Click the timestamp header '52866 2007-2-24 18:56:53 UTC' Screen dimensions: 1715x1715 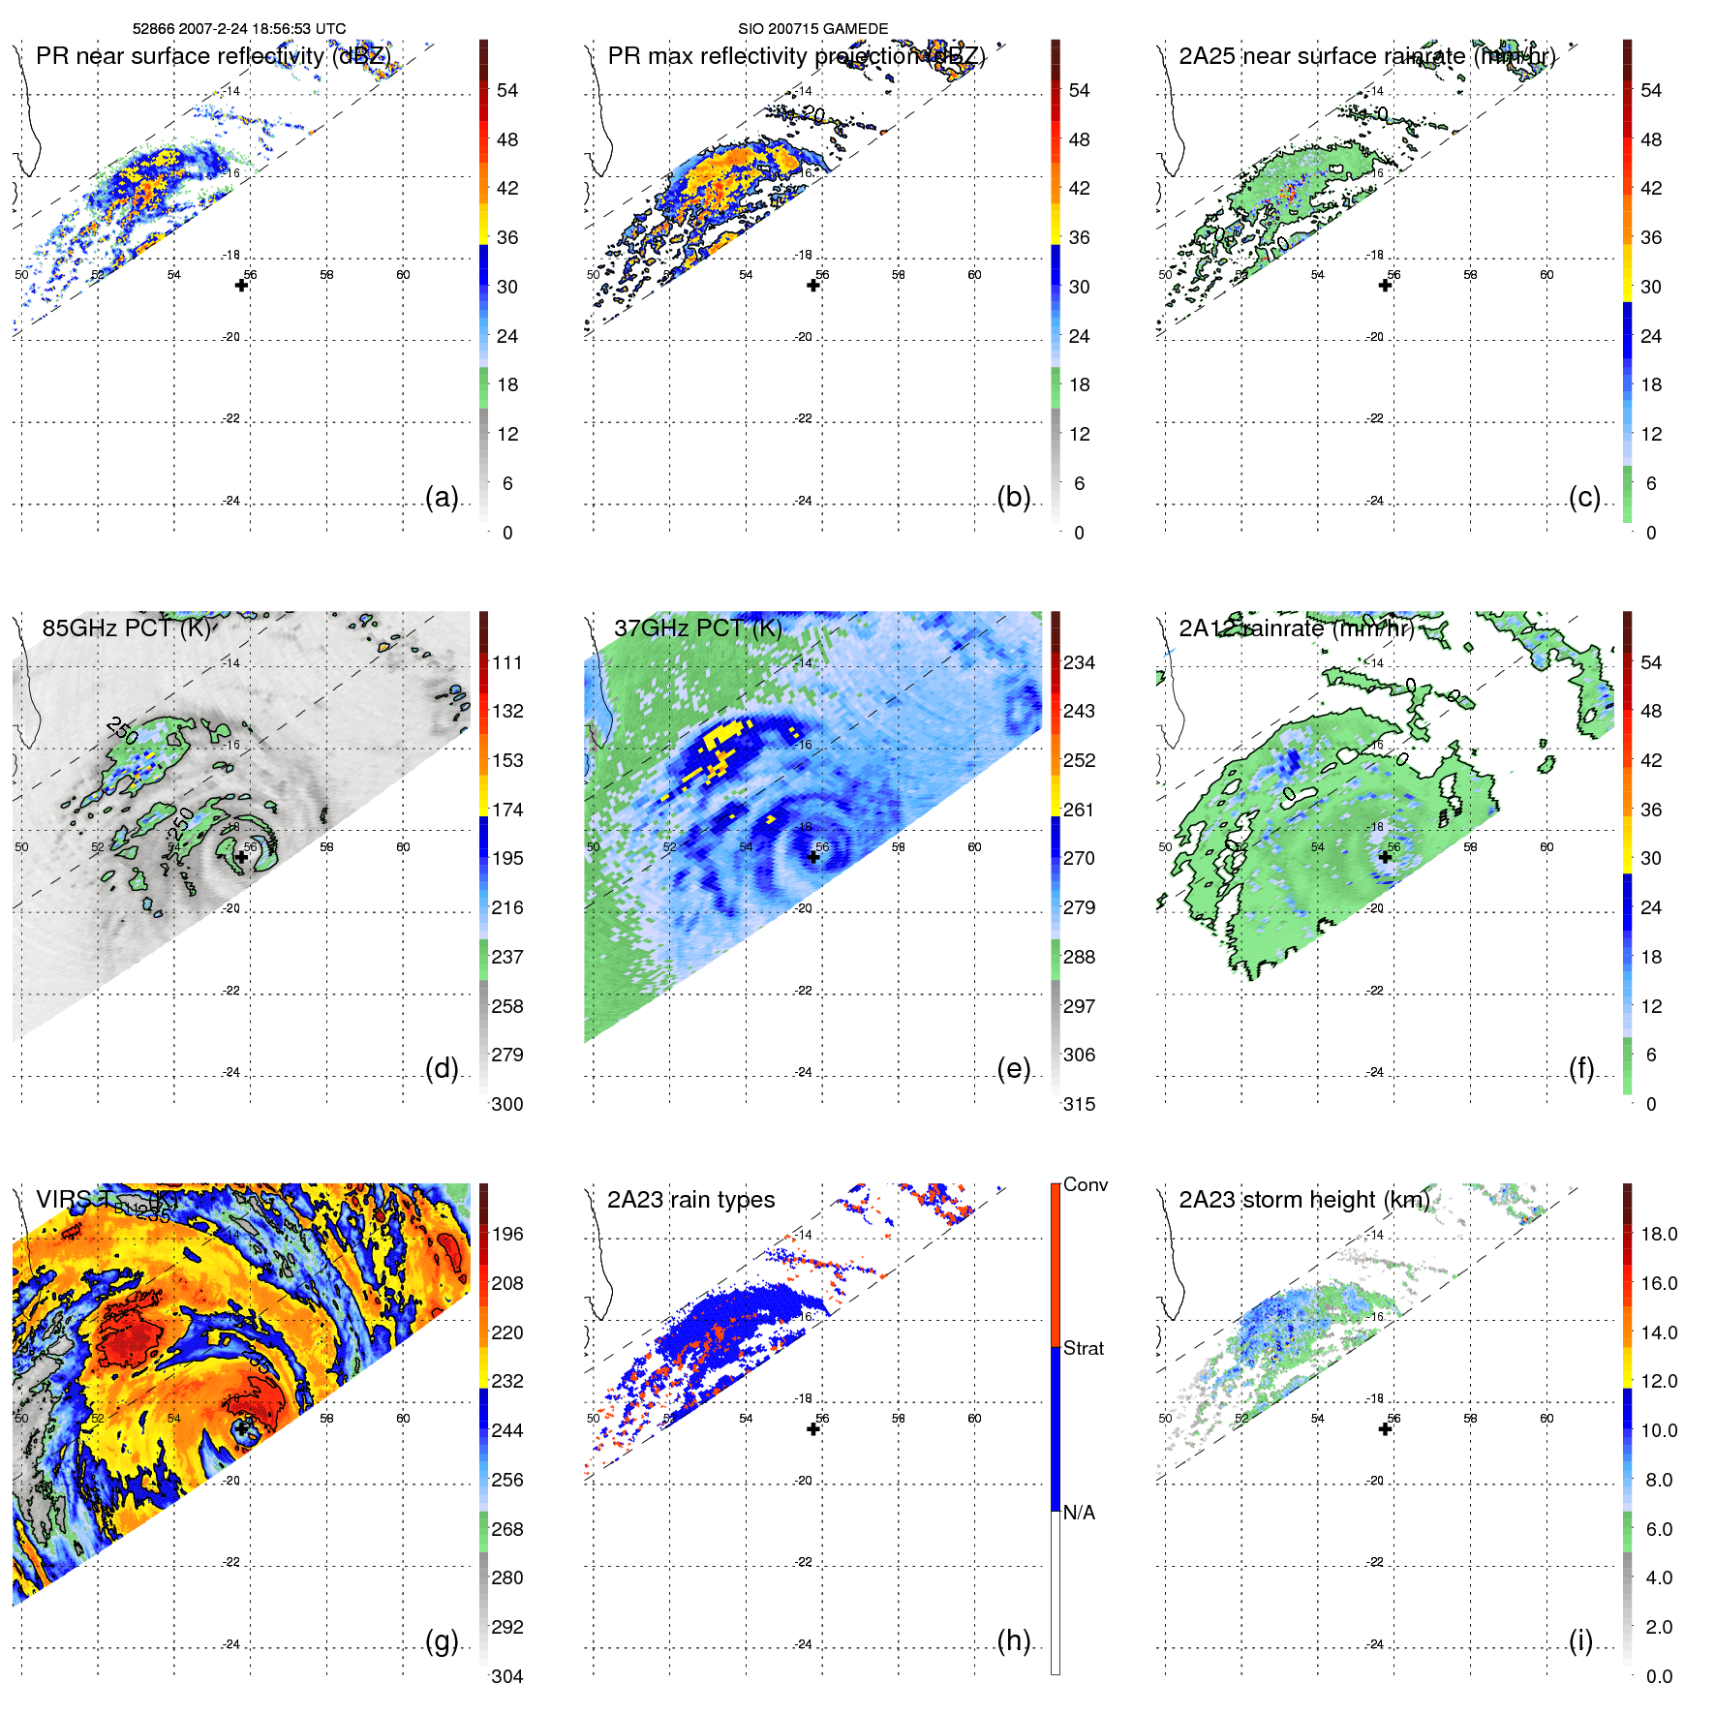click(x=238, y=29)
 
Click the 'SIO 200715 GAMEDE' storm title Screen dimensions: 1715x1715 click(x=812, y=29)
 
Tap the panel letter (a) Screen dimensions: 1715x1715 click(x=442, y=497)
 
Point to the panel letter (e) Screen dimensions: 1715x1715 click(x=1013, y=1068)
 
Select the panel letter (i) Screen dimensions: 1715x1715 click(x=1580, y=1640)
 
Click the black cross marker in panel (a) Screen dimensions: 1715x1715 click(x=241, y=285)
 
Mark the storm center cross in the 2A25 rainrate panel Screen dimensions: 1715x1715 click(x=1385, y=285)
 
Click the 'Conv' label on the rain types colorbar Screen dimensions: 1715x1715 click(x=1086, y=1184)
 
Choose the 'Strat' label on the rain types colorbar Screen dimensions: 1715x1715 click(x=1084, y=1348)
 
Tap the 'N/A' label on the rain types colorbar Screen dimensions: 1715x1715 click(x=1079, y=1513)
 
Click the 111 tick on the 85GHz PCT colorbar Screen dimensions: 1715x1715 click(x=507, y=662)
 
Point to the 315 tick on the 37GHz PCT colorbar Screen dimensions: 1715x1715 click(x=1079, y=1104)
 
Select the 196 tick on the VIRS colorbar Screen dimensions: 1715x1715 click(x=507, y=1234)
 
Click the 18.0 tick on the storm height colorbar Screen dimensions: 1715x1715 click(x=1659, y=1234)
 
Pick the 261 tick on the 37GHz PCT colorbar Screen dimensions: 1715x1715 click(x=1079, y=810)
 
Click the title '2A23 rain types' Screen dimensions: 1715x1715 click(x=690, y=1200)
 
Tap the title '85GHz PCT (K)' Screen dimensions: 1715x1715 click(x=126, y=628)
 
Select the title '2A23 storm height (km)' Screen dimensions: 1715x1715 click(x=1303, y=1200)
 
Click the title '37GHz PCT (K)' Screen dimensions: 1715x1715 click(x=697, y=628)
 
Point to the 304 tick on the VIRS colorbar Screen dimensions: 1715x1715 click(x=507, y=1676)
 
